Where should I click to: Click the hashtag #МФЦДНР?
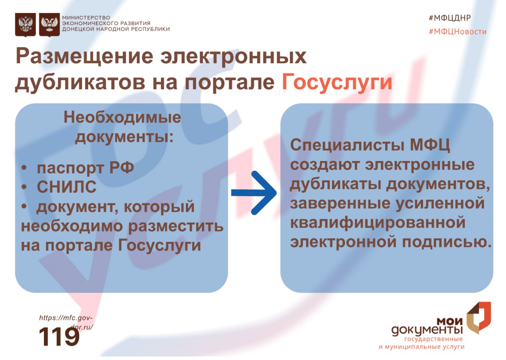[450, 18]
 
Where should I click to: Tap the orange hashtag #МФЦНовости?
[457, 32]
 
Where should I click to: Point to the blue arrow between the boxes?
[255, 193]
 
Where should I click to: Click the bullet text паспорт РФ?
[85, 168]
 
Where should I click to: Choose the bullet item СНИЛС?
[66, 188]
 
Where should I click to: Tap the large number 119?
[59, 337]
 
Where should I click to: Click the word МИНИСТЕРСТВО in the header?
[86, 18]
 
